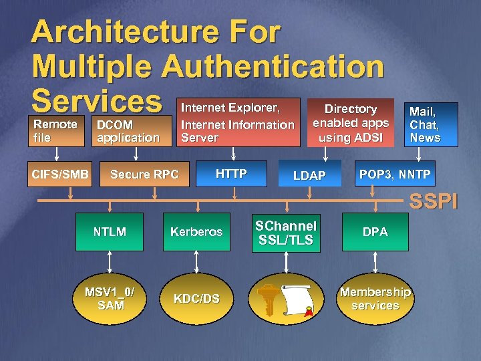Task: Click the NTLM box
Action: point(110,232)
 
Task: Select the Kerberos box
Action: point(196,232)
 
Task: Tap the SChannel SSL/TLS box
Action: point(286,233)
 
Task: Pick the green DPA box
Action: point(375,232)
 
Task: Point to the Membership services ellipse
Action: point(375,299)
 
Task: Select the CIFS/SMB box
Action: point(60,174)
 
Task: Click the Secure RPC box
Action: point(144,174)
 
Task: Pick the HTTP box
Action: point(231,174)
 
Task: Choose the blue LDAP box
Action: point(309,175)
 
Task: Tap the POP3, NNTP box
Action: point(395,174)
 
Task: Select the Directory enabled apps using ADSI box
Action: point(351,122)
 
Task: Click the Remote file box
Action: point(56,131)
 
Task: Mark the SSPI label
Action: point(434,201)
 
